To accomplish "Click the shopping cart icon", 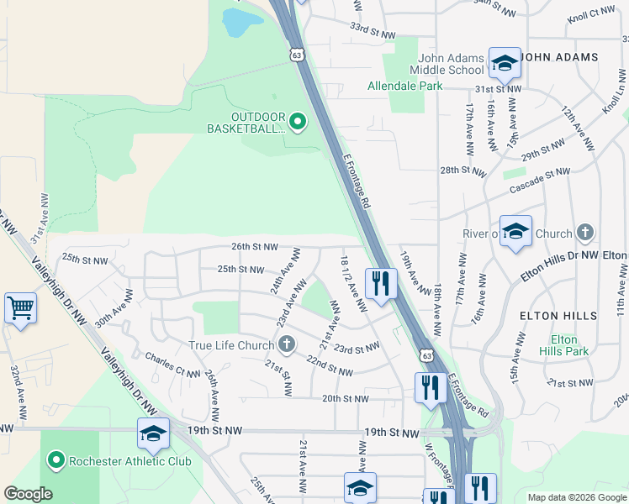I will (20, 307).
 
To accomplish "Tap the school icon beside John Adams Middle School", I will (505, 63).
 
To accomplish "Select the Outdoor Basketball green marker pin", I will (297, 123).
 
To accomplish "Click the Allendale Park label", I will (404, 86).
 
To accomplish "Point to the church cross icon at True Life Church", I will (287, 344).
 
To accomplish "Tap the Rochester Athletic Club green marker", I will (56, 460).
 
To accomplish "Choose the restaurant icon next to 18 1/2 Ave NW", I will (381, 283).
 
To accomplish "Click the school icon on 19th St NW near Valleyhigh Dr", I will (153, 433).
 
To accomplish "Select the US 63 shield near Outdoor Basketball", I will (296, 55).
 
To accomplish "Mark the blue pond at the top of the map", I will (240, 22).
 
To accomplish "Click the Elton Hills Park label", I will (564, 345).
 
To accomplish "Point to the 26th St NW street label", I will (255, 247).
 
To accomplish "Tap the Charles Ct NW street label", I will (172, 362).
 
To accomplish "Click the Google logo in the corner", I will (28, 494).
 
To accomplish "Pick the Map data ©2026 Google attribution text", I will (577, 497).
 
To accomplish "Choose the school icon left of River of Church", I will (515, 231).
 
